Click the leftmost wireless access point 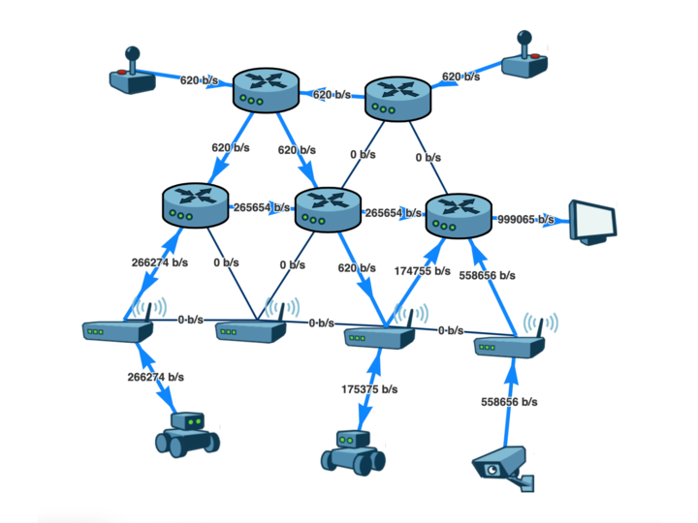(x=118, y=325)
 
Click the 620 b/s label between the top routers (x=333, y=95)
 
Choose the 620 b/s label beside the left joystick (x=202, y=80)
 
